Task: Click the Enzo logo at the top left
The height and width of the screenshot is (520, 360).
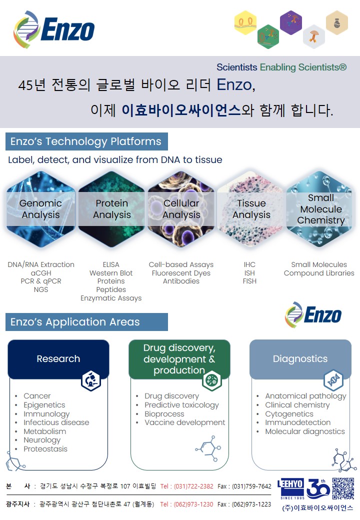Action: [x=54, y=29]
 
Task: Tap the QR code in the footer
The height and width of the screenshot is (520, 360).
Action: [x=343, y=488]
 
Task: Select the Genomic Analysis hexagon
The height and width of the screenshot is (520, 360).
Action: [x=40, y=209]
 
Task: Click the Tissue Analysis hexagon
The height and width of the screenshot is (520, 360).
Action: [x=251, y=209]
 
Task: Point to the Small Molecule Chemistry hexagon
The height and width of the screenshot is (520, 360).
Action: [x=320, y=209]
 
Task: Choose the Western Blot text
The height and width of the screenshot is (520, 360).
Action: [x=111, y=273]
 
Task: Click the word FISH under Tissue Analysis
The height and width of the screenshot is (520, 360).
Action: [x=249, y=281]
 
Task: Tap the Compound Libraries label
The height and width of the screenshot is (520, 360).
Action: [x=319, y=273]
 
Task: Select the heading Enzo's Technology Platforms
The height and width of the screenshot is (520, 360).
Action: [x=86, y=141]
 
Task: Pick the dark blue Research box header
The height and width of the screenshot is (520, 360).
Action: [x=58, y=359]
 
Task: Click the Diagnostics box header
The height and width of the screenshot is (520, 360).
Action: [x=300, y=359]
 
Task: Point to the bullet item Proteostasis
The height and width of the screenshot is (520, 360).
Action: [x=45, y=449]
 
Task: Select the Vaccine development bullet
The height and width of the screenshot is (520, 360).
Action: [x=185, y=422]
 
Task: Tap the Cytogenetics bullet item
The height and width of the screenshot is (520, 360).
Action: [x=289, y=414]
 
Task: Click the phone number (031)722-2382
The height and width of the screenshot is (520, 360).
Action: [x=186, y=486]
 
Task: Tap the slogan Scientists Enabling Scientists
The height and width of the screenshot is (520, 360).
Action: [x=281, y=67]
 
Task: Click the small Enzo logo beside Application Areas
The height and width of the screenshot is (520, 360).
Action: [x=313, y=315]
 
